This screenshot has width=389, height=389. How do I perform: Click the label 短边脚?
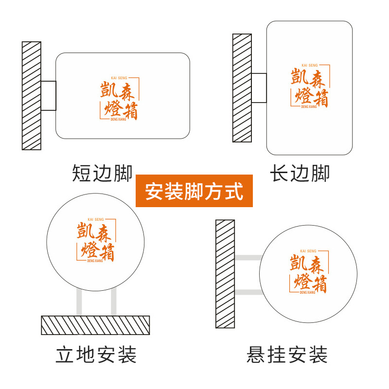click(102, 173)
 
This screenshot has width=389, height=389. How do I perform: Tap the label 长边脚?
click(300, 173)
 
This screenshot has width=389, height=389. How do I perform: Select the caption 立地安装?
click(96, 355)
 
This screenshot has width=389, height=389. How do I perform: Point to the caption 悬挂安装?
click(287, 355)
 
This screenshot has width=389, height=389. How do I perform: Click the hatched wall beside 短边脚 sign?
click(32, 96)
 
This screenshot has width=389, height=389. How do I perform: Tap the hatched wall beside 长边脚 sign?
click(242, 88)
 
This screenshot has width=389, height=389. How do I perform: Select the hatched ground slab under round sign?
click(95, 325)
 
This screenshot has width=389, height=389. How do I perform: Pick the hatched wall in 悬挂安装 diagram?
click(225, 274)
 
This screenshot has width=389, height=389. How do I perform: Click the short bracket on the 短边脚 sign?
click(49, 96)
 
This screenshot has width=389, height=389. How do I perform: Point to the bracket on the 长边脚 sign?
click(259, 88)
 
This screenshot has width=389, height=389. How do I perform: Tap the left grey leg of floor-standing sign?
click(79, 302)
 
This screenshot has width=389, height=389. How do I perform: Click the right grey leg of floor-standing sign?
click(114, 302)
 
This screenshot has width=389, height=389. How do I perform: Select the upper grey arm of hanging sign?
click(248, 257)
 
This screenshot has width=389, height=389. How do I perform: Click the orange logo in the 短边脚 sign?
click(119, 99)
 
